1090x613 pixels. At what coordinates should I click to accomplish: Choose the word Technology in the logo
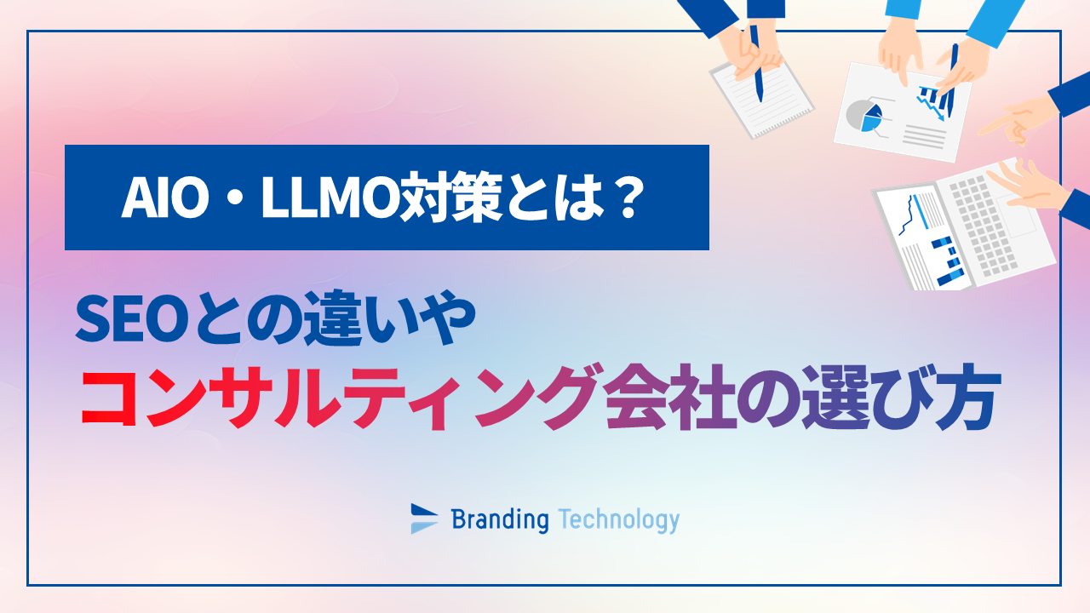click(619, 518)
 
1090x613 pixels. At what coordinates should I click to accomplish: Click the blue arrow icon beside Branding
click(424, 518)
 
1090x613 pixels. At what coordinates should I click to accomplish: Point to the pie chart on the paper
click(868, 116)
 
